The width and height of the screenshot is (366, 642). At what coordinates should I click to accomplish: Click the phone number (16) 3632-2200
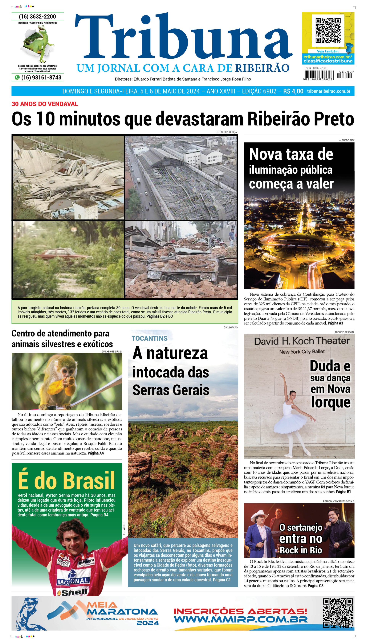pos(37,17)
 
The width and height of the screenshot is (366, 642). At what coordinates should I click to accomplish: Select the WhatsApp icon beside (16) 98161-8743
pos(17,77)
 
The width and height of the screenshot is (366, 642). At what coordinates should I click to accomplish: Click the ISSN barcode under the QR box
pos(319,75)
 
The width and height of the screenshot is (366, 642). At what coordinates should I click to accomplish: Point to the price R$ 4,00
pos(293,91)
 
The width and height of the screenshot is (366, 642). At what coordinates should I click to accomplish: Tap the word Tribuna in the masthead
pos(184,38)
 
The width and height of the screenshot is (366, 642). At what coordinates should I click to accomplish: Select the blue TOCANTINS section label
pos(150,338)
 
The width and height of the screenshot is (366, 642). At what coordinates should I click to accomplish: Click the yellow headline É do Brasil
pos(66,481)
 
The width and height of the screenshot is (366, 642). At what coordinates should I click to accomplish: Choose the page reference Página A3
pos(335,323)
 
